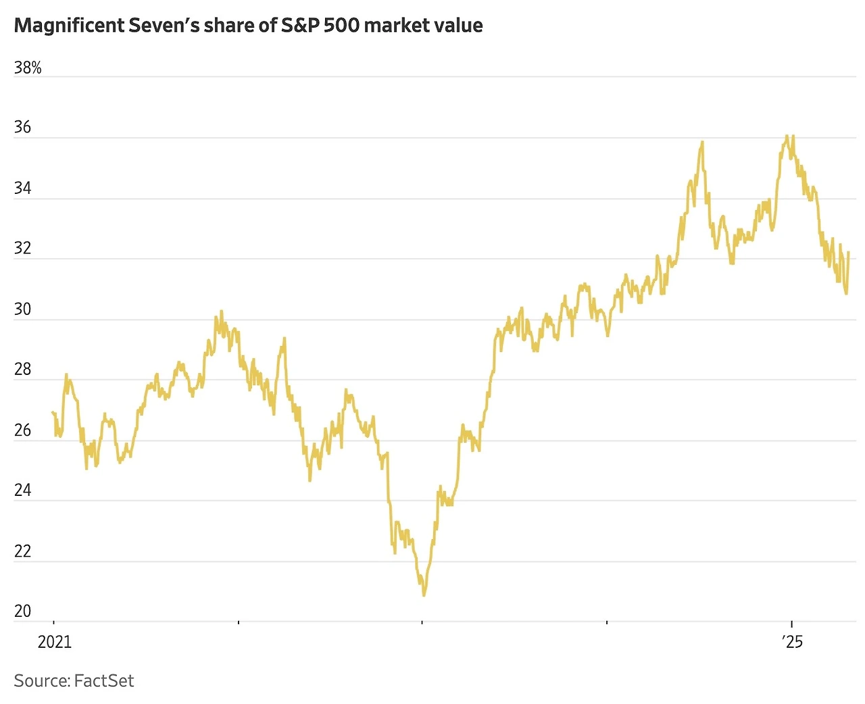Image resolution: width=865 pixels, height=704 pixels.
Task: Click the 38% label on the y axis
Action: coord(28,68)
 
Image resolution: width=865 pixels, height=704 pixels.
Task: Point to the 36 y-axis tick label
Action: coord(22,128)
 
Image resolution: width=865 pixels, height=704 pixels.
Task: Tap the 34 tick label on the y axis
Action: coord(22,188)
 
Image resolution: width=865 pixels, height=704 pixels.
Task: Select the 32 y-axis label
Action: coord(22,249)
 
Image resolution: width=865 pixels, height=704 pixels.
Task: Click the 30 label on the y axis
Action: coord(22,309)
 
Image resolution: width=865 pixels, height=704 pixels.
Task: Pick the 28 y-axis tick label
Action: coord(22,370)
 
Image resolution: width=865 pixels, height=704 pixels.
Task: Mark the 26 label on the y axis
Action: coord(22,430)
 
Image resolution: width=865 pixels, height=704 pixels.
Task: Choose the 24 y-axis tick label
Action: coord(22,491)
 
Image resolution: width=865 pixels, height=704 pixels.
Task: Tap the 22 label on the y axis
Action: coord(22,551)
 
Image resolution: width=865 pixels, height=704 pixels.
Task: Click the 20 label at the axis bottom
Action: coord(22,611)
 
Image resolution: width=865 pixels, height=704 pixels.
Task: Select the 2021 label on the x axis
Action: coord(54,641)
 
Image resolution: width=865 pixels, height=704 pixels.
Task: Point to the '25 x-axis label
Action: coord(792,641)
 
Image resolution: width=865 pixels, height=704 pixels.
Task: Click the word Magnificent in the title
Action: coord(70,26)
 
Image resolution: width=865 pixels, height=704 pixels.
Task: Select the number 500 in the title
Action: coord(342,26)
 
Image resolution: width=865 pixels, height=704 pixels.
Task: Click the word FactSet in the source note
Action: coord(104,680)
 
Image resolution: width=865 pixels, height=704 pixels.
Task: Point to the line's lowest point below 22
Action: coord(424,595)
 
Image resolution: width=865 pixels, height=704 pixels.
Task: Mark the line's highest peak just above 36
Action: coord(787,136)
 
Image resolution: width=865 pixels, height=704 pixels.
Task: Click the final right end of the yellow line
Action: coord(848,253)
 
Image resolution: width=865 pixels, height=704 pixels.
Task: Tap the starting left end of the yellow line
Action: coord(53,412)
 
